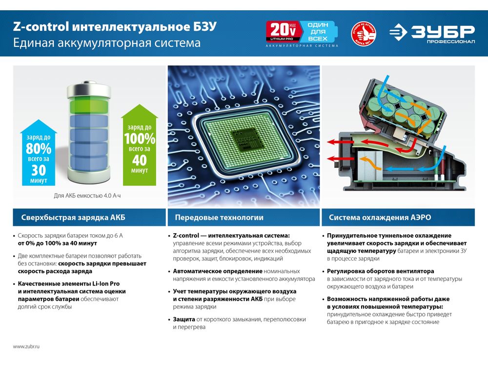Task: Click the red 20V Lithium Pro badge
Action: pos(284,31)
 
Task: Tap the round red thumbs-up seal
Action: pos(363,33)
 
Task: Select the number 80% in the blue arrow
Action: pos(39,148)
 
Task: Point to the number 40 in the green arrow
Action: pos(140,160)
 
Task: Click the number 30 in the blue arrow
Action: pos(39,170)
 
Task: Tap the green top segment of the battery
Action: pos(89,105)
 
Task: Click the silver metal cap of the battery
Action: pos(89,89)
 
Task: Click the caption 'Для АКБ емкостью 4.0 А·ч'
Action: pos(87,196)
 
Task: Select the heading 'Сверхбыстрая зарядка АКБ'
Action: pos(73,217)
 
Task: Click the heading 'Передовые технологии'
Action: pos(219,217)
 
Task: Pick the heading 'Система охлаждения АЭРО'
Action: pos(380,217)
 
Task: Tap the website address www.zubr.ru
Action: pos(26,346)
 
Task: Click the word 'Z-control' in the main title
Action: pos(41,26)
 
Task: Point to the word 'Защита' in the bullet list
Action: pos(184,319)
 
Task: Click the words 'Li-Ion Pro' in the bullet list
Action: pos(106,284)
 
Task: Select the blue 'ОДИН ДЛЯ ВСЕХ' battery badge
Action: pos(318,31)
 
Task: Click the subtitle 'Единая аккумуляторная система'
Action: pos(107,43)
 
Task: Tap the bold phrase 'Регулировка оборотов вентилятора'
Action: pos(380,271)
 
